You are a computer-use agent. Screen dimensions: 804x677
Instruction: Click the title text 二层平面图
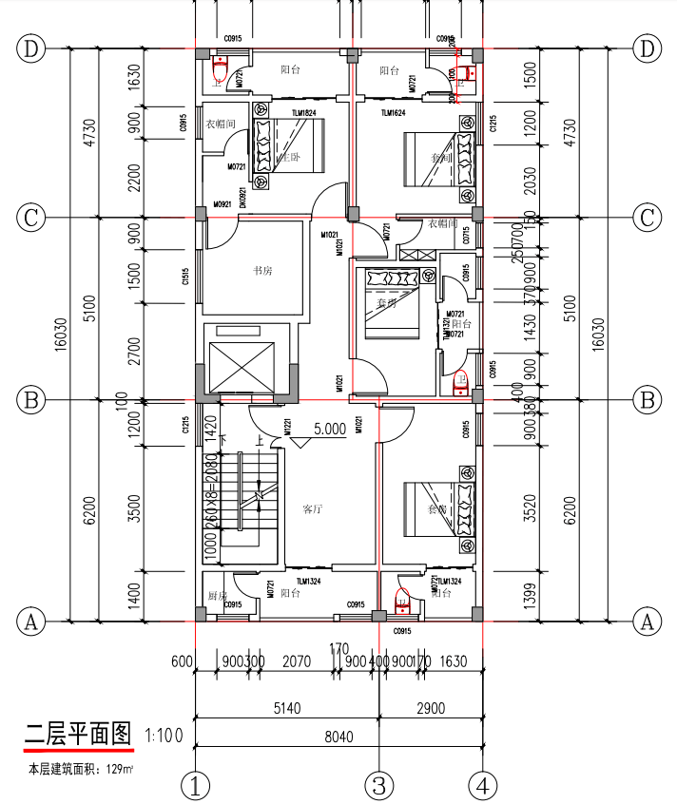point(80,735)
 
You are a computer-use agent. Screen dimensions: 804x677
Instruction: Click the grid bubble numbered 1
point(195,786)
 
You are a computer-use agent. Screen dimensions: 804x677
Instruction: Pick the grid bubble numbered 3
point(378,786)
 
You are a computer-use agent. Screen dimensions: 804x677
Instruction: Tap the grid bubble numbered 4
point(484,786)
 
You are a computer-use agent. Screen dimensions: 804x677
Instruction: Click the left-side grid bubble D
point(31,48)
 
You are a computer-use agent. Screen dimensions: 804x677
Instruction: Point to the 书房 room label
point(262,271)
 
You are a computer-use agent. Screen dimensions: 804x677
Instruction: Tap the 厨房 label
point(218,595)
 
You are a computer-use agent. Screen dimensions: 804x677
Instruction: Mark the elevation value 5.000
point(329,429)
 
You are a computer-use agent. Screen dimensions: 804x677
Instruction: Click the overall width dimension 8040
point(338,736)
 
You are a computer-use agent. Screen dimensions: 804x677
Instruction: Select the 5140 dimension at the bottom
point(285,708)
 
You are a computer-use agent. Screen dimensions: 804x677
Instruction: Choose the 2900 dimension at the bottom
point(430,708)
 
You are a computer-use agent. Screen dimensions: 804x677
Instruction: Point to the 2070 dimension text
point(298,660)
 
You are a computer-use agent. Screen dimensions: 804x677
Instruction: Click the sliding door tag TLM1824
point(304,113)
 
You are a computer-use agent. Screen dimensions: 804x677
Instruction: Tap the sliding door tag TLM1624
point(394,113)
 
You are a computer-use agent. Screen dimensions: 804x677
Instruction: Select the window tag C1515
point(185,277)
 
